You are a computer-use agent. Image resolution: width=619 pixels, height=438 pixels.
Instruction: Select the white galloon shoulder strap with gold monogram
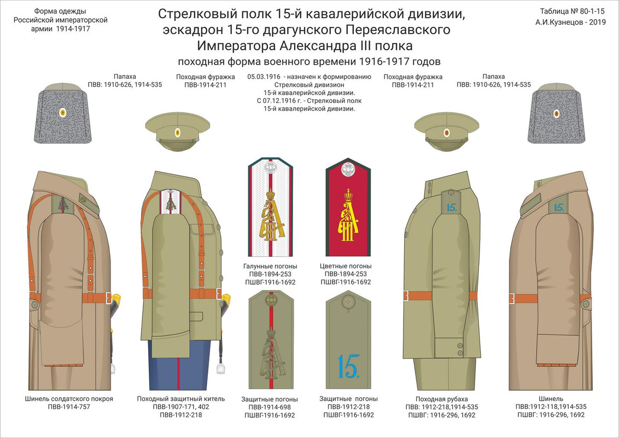click(x=269, y=208)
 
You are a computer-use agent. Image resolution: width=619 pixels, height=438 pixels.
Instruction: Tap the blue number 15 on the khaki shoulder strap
click(x=347, y=366)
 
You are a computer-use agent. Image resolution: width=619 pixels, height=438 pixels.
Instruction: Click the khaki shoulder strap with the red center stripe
click(x=269, y=339)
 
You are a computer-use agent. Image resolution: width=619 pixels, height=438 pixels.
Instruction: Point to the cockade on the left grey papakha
click(x=63, y=113)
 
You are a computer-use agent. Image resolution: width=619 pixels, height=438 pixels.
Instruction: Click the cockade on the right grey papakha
click(x=556, y=113)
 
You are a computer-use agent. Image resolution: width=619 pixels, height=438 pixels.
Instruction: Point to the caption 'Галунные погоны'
click(x=269, y=266)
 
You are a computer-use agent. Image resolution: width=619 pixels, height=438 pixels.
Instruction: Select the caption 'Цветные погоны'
click(x=347, y=266)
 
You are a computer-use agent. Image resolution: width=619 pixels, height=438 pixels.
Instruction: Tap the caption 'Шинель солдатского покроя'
click(x=69, y=399)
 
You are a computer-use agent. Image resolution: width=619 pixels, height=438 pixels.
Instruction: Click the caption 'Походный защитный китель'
click(x=180, y=399)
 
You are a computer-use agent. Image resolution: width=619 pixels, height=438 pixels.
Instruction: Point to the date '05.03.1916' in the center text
click(x=265, y=77)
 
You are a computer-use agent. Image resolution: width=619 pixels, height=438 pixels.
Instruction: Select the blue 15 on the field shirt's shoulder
click(x=451, y=207)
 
